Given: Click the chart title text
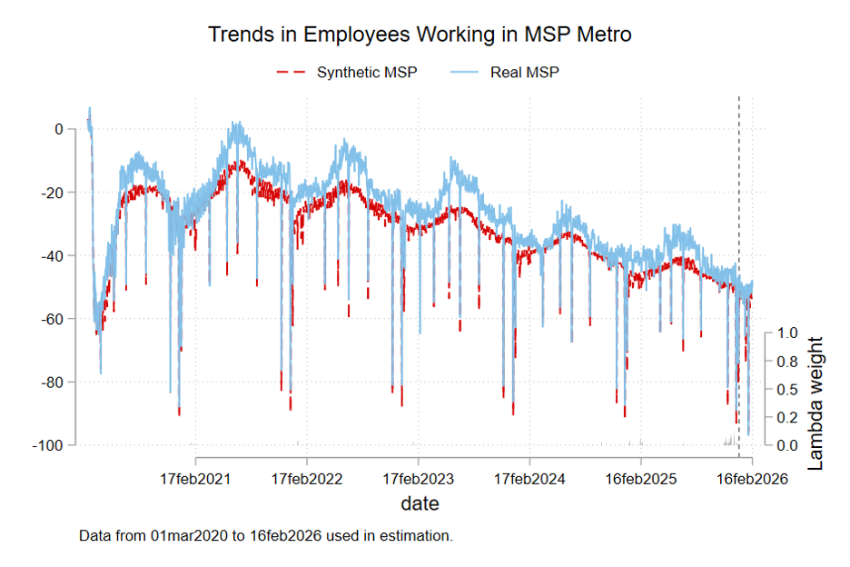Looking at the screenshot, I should click(420, 35).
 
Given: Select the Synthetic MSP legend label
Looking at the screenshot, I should click(367, 72).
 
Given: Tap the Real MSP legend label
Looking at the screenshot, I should click(525, 72).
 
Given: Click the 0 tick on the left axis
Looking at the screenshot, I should click(58, 129).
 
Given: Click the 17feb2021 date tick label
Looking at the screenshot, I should click(196, 478).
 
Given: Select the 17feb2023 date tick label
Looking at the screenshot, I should click(419, 478).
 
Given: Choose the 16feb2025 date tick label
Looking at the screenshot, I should click(640, 478).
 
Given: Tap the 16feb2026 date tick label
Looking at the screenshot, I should click(751, 478).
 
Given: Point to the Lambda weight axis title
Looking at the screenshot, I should click(815, 403).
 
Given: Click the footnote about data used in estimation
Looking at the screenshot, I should click(266, 535).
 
